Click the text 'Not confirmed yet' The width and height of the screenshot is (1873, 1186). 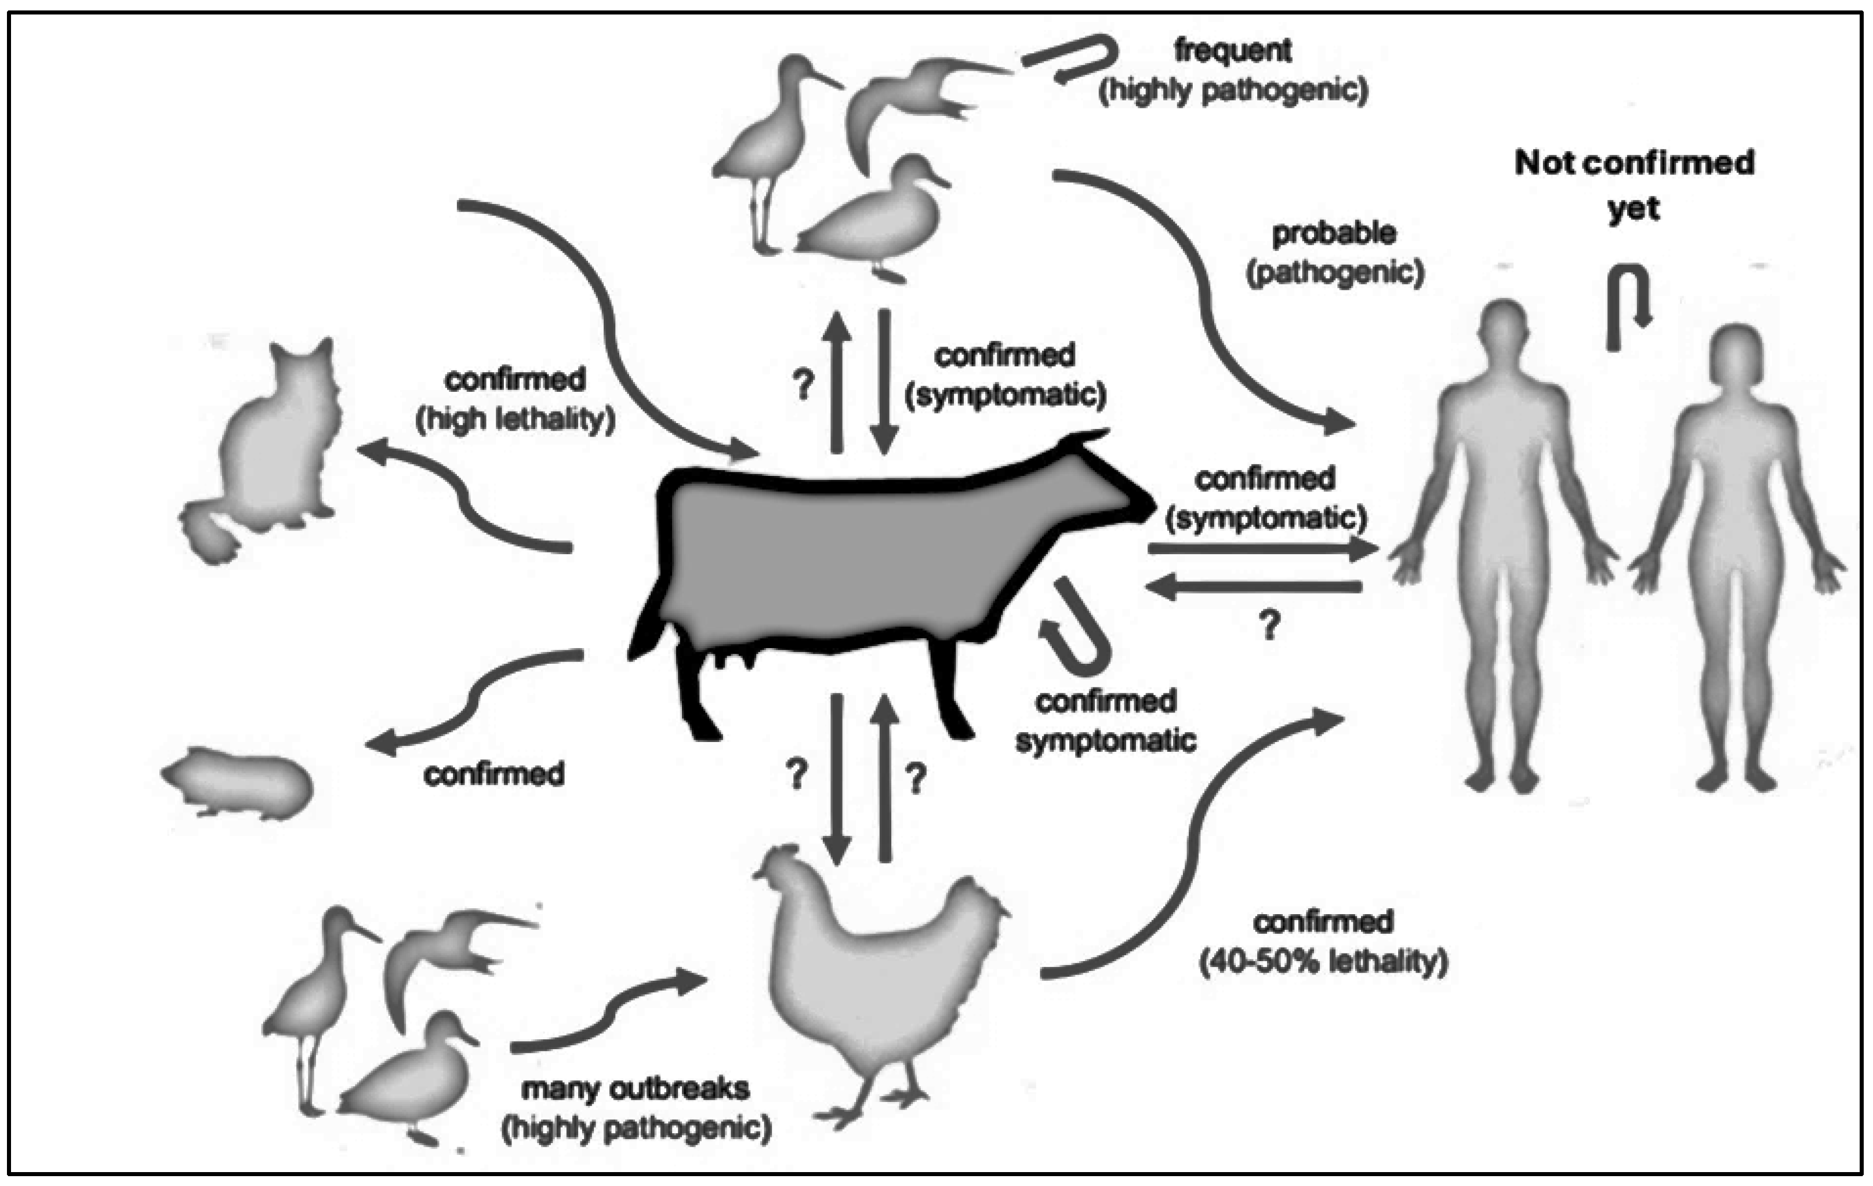click(x=1634, y=185)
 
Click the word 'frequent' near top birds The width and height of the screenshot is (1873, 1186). click(x=1233, y=50)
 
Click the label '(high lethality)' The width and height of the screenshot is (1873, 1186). click(x=515, y=420)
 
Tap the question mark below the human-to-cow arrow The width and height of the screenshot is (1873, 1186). click(x=1269, y=624)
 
